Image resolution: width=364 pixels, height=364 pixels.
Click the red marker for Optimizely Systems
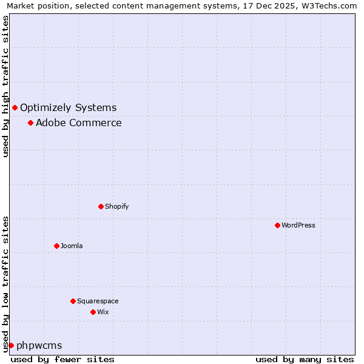point(15,108)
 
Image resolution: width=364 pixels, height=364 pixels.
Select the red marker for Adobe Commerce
point(30,123)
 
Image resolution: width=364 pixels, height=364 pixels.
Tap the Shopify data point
point(101,207)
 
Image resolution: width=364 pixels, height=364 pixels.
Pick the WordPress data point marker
point(277,226)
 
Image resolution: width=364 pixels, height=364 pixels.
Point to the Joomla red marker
point(56,246)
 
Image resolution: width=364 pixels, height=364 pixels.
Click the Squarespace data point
point(73,302)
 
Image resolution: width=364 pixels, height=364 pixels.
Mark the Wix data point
point(93,312)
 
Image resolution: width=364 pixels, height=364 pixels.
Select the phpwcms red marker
point(11,346)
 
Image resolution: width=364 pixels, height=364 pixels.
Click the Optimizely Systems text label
point(68,108)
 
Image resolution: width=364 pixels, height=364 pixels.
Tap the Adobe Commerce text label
point(78,123)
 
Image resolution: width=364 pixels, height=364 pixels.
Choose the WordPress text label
point(298,226)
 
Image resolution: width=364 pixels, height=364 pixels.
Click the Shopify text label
point(116,207)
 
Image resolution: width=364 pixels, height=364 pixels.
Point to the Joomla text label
point(72,246)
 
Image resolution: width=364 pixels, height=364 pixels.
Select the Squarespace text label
point(98,302)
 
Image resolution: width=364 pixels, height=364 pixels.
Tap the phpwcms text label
point(39,346)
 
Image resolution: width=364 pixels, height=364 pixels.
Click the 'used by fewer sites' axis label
point(62,359)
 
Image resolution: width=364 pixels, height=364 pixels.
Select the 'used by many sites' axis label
point(305,359)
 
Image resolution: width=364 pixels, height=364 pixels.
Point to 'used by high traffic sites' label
point(5,86)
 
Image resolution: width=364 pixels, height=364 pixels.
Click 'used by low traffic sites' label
point(5,283)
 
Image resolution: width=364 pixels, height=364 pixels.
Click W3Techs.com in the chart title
point(328,5)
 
